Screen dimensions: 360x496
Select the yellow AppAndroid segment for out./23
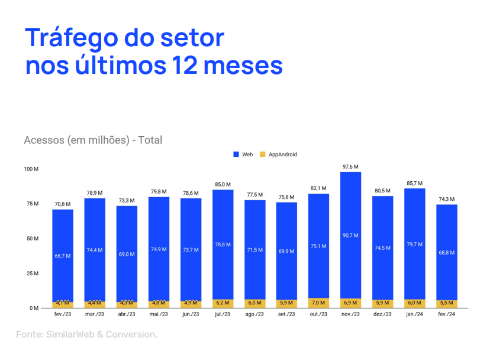319,303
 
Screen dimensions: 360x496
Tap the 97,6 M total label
351,167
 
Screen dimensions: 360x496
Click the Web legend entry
243,155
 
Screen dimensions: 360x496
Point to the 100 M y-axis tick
31,169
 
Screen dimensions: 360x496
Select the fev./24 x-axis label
447,314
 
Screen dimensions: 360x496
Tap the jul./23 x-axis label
223,314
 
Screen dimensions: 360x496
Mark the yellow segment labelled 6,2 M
223,303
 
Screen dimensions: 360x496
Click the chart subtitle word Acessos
44,140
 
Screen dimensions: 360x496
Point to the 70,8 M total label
63,204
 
